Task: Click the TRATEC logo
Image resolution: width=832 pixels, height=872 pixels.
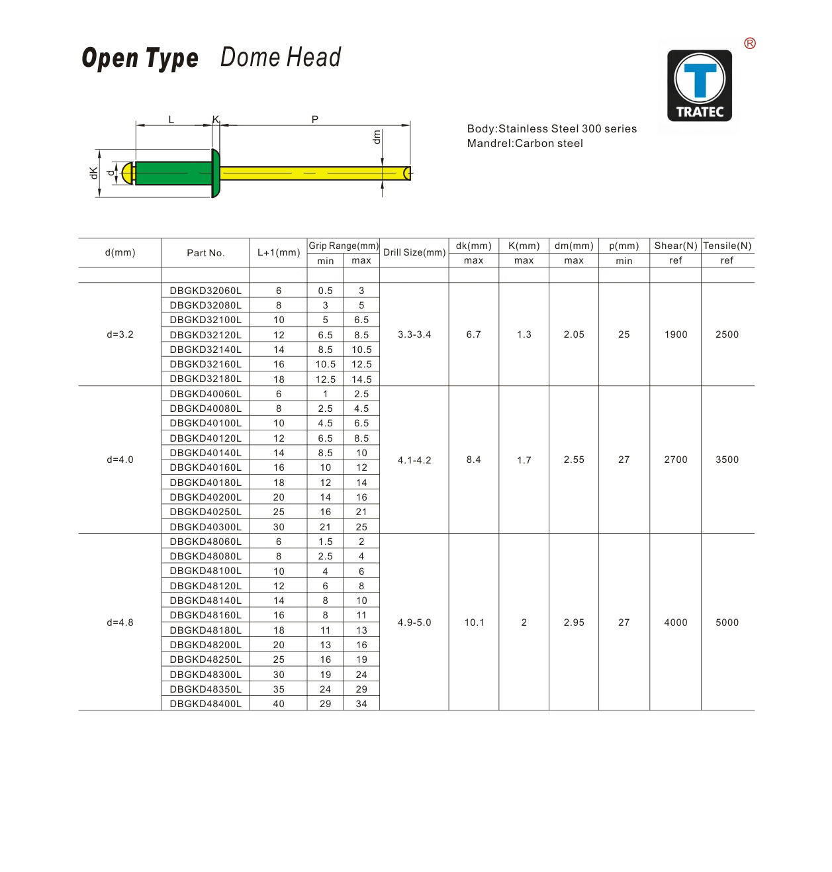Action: coord(699,86)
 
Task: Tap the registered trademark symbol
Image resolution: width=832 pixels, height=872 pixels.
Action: coord(749,44)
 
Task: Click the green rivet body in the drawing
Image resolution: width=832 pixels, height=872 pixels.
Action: coord(173,173)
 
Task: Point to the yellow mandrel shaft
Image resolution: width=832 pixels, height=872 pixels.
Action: coord(311,173)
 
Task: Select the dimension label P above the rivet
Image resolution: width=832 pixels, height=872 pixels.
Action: coord(315,119)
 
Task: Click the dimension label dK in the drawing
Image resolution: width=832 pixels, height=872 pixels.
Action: coord(93,173)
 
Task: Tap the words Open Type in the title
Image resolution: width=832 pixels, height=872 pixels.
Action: coord(140,58)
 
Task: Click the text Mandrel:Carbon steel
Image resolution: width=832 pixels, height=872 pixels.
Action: coord(525,144)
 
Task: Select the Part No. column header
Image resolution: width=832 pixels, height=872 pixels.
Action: coord(205,253)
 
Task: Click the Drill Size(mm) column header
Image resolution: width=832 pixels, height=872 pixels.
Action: coord(414,252)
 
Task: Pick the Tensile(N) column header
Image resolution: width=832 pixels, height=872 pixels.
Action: coord(727,246)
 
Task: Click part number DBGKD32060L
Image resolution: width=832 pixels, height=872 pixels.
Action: coord(205,291)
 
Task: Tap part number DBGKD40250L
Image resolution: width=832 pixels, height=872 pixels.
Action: coord(205,512)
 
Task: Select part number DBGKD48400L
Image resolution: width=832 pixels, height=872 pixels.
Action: coord(205,704)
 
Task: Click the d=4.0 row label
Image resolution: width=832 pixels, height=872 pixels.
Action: coord(120,460)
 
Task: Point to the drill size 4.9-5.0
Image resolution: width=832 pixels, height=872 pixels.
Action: coord(414,622)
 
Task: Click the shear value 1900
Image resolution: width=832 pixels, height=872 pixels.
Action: coord(675,334)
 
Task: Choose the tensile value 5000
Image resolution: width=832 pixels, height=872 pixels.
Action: coord(727,622)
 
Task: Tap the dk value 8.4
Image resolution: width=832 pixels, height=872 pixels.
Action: coord(473,460)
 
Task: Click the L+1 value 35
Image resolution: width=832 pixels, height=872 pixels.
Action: coord(279,689)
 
